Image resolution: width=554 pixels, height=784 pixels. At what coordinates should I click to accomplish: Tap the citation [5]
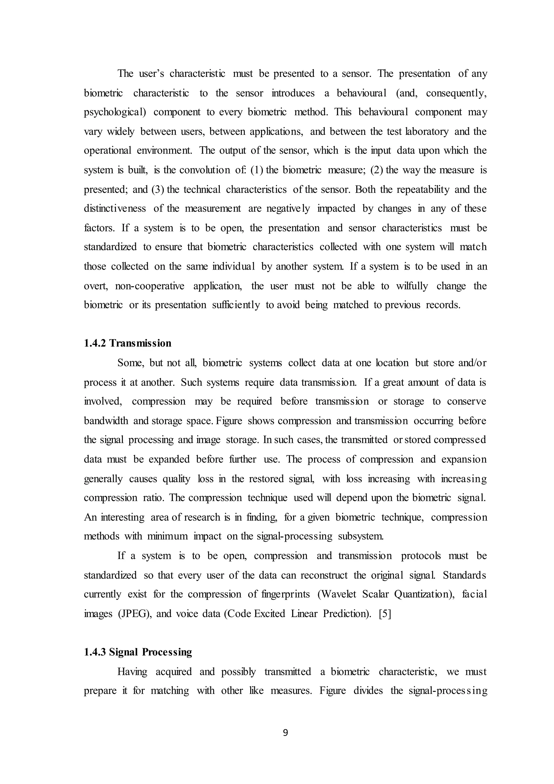(x=385, y=614)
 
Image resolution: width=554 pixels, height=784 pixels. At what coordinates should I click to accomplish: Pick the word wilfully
(x=412, y=286)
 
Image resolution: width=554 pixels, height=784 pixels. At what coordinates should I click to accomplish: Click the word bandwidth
(x=106, y=421)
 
